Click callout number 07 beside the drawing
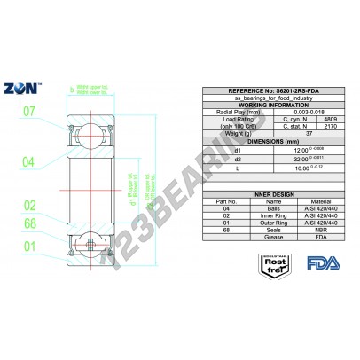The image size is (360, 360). pyautogui.click(x=28, y=112)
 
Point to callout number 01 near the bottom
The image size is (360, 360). pyautogui.click(x=28, y=246)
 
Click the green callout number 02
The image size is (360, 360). pyautogui.click(x=28, y=206)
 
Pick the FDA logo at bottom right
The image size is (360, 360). pyautogui.click(x=317, y=262)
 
